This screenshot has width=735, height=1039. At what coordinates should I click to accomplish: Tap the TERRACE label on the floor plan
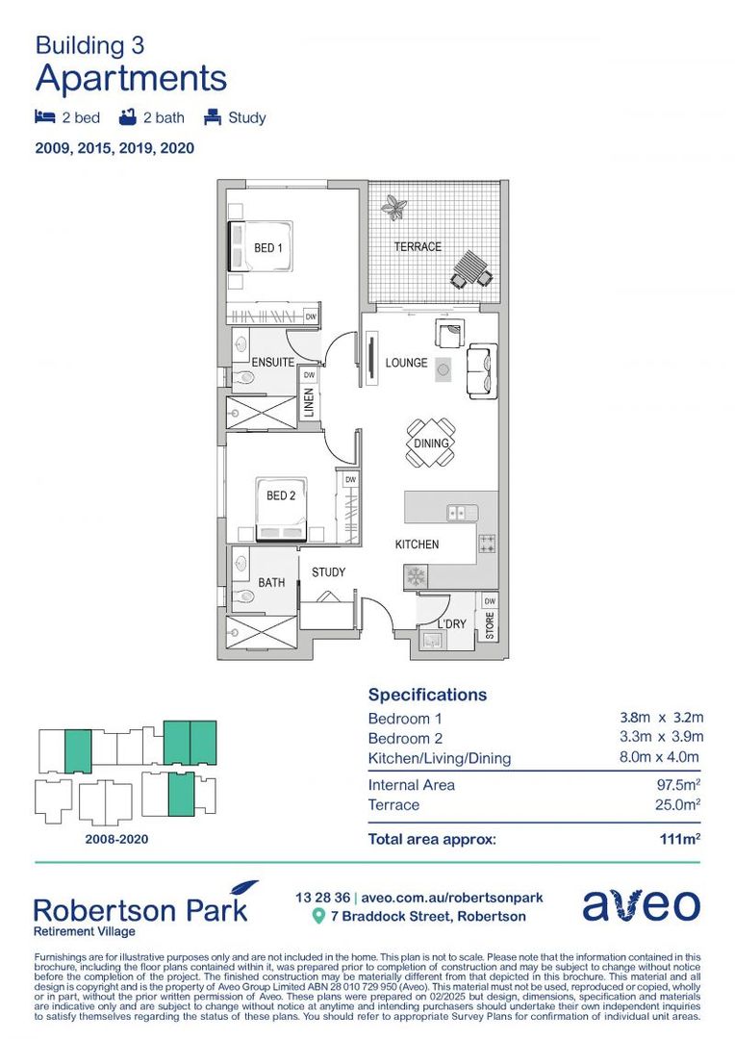(x=418, y=247)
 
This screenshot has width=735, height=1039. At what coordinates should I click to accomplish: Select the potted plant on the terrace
(x=393, y=206)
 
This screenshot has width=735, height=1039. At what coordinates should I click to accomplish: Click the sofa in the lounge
(x=480, y=369)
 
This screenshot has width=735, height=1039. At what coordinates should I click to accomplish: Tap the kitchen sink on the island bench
(x=463, y=513)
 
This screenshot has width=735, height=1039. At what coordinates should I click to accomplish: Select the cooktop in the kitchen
(x=487, y=544)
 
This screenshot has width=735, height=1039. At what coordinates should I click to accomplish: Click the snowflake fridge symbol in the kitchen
(x=417, y=576)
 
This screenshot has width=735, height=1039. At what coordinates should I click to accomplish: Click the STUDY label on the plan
(x=328, y=572)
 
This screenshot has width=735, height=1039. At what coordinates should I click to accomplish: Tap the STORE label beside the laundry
(x=490, y=627)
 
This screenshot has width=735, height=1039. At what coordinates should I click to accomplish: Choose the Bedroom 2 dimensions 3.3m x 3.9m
(x=662, y=738)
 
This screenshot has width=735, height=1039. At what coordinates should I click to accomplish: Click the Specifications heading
(x=427, y=695)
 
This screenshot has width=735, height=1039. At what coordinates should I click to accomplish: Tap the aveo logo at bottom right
(x=641, y=905)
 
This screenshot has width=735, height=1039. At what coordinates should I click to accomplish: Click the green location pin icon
(x=319, y=917)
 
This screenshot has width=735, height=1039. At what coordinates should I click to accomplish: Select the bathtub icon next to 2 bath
(x=127, y=118)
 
